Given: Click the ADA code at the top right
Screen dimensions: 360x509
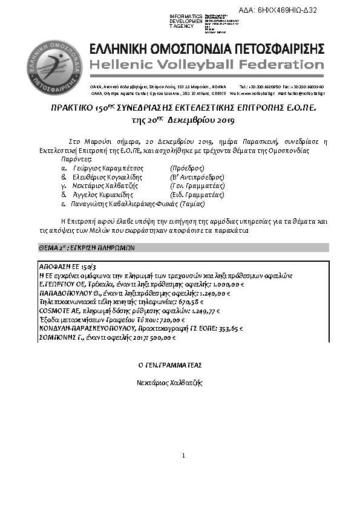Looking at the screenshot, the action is [286, 11].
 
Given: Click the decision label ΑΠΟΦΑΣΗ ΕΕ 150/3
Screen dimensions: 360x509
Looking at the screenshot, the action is [64, 266].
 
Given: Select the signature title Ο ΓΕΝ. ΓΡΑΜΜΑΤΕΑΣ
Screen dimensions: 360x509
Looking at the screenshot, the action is [170, 366].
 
